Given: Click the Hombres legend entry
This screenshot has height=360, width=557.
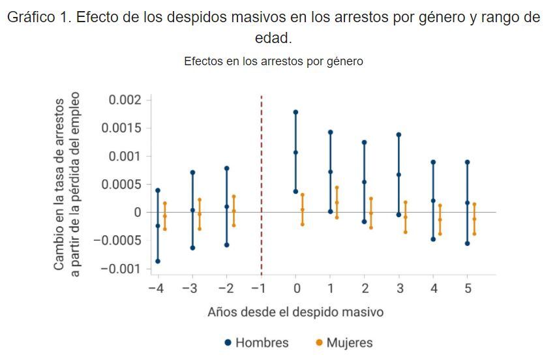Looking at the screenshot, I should (x=256, y=342).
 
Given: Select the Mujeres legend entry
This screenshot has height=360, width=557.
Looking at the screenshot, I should (x=344, y=342).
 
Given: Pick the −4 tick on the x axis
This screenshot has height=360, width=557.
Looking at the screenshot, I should (x=155, y=288).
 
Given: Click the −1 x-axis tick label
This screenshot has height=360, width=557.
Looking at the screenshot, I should (x=261, y=288).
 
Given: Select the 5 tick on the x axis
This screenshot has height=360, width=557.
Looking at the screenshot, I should (x=468, y=288).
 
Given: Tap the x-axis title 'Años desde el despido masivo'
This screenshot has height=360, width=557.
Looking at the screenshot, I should (x=295, y=312).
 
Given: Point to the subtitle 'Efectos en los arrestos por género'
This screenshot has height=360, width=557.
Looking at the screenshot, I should (x=273, y=61).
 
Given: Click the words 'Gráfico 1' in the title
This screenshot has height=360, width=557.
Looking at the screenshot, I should (x=38, y=18).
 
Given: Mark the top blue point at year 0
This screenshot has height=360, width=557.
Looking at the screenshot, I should (x=295, y=112).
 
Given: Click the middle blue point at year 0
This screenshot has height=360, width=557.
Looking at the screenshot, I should (x=295, y=153).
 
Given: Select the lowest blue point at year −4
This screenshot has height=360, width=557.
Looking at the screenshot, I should (x=158, y=261).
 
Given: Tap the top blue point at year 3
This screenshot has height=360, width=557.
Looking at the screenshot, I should (x=399, y=135).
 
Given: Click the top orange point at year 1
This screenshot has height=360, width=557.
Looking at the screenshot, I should (x=337, y=188).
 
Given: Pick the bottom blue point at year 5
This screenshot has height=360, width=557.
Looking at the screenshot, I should (x=468, y=243).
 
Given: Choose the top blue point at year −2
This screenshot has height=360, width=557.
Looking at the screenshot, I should (x=226, y=168).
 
